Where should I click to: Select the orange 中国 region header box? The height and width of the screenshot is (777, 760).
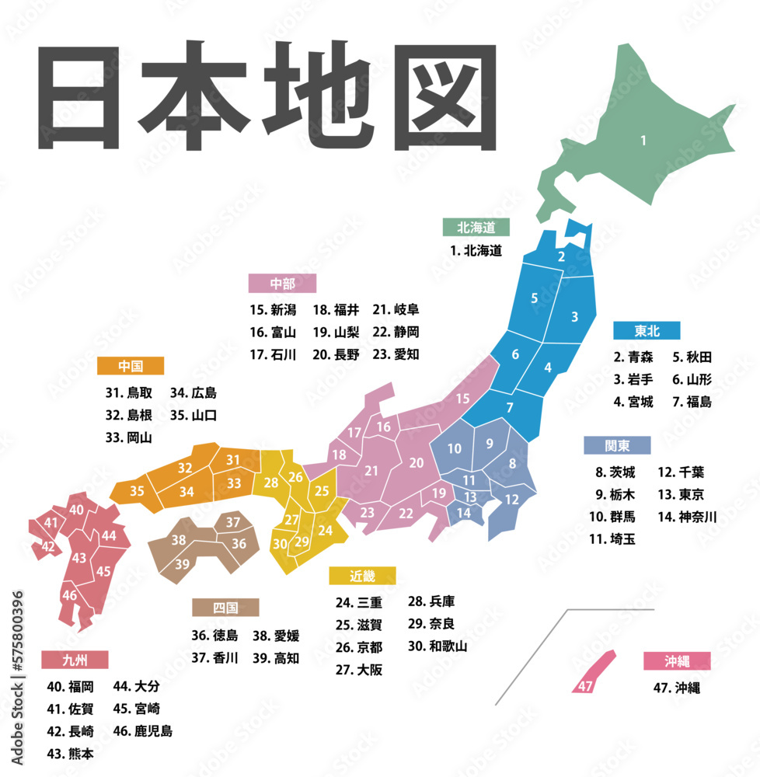pyautogui.click(x=131, y=365)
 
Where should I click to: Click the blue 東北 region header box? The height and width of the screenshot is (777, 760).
pyautogui.click(x=647, y=330)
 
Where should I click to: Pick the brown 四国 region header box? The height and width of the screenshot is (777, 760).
pyautogui.click(x=226, y=607)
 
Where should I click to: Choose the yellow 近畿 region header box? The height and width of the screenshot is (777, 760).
pyautogui.click(x=362, y=576)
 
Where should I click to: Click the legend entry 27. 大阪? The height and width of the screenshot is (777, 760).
pyautogui.click(x=359, y=670)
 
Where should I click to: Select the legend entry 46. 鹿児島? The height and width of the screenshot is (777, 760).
pyautogui.click(x=142, y=730)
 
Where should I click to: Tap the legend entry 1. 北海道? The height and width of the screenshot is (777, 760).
pyautogui.click(x=476, y=250)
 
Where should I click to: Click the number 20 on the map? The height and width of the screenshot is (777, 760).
pyautogui.click(x=417, y=462)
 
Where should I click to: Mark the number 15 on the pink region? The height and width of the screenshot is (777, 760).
pyautogui.click(x=462, y=399)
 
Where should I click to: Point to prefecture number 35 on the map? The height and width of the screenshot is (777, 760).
pyautogui.click(x=137, y=491)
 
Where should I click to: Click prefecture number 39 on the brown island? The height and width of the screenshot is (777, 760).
pyautogui.click(x=182, y=563)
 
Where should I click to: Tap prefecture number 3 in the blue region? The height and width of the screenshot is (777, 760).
pyautogui.click(x=574, y=316)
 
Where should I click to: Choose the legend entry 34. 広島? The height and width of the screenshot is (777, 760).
pyautogui.click(x=193, y=392)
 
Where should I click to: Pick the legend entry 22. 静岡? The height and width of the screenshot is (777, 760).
pyautogui.click(x=396, y=332)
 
